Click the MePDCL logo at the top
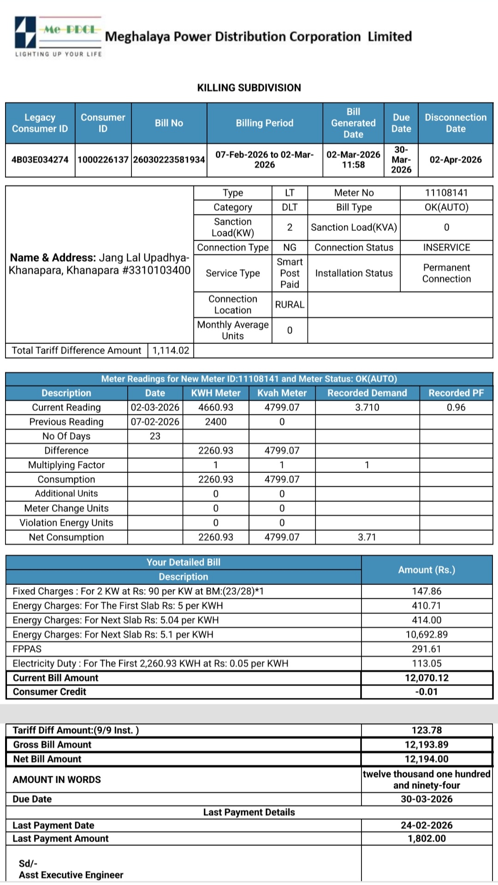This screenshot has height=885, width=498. tap(58, 36)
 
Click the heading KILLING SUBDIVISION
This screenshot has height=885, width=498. tap(249, 88)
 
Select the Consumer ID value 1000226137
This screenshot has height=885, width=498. tap(103, 160)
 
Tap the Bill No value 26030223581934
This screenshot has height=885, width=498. tap(169, 160)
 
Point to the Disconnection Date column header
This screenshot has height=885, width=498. tap(455, 123)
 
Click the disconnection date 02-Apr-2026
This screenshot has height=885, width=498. tap(455, 160)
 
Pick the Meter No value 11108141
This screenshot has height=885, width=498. tap(446, 193)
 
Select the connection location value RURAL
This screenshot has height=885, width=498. tap(290, 305)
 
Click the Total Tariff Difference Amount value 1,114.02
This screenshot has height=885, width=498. tap(171, 351)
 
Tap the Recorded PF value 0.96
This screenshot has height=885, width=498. tap(456, 407)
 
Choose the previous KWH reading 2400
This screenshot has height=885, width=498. tap(215, 422)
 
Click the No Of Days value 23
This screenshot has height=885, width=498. tap(155, 436)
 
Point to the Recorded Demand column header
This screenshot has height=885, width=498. tap(367, 393)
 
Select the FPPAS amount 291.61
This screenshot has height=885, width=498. tap(427, 649)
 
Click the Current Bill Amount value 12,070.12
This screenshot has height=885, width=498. tap(427, 678)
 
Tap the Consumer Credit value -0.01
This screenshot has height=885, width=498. tap(427, 692)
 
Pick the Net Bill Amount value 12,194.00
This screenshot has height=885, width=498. tap(427, 759)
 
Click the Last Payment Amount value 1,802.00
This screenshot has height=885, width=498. tap(427, 838)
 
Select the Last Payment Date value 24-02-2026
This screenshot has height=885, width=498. tap(427, 825)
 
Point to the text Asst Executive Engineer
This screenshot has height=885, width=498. tap(71, 875)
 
